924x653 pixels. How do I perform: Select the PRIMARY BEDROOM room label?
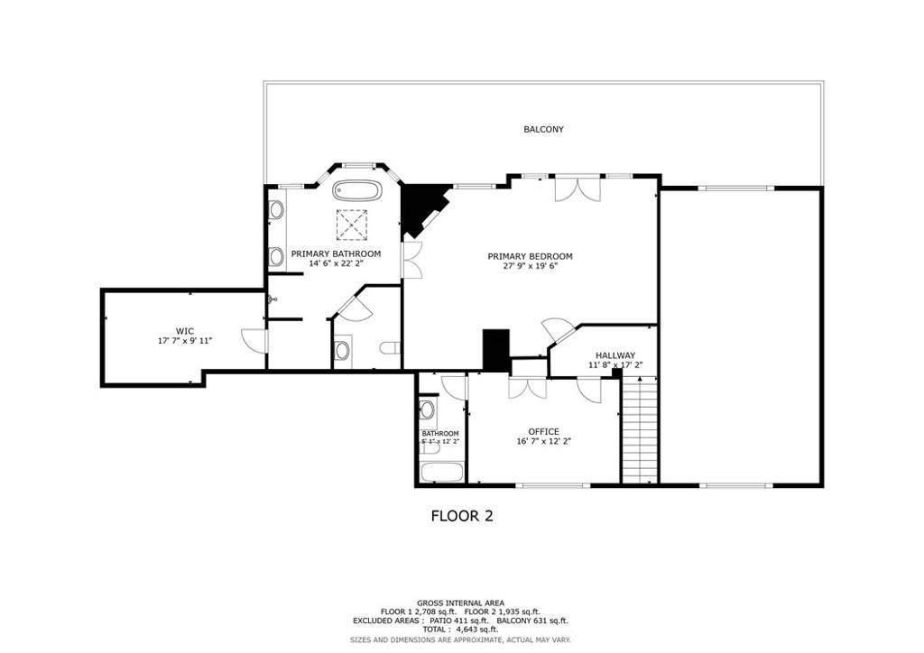click(x=530, y=256)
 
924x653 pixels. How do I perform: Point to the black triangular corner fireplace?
click(x=420, y=206)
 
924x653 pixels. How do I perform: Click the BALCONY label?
click(x=543, y=130)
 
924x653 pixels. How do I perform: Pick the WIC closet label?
click(x=184, y=331)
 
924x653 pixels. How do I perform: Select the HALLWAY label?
click(x=614, y=355)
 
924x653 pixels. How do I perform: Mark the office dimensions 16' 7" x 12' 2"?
click(x=543, y=442)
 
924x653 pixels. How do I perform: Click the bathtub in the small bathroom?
click(x=442, y=472)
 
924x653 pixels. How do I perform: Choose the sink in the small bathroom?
click(x=428, y=411)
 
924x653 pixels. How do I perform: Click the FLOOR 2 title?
click(x=461, y=517)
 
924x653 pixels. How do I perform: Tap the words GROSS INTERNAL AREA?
click(x=460, y=602)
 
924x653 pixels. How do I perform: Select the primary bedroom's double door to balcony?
click(x=576, y=189)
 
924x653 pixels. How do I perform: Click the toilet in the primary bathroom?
click(x=389, y=349)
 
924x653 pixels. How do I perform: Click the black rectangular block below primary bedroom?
click(x=496, y=350)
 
